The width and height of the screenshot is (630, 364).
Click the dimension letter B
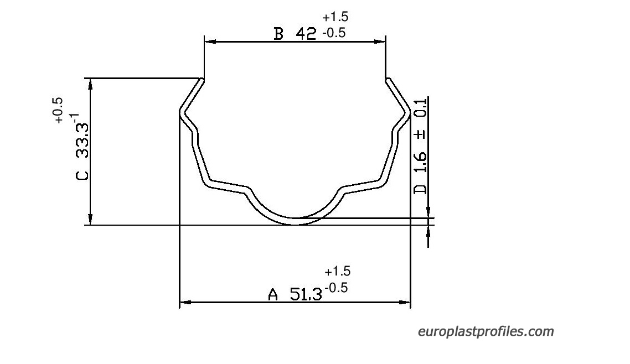click(x=278, y=34)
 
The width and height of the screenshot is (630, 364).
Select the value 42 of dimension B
click(x=306, y=34)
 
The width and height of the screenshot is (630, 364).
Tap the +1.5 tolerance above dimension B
click(x=335, y=17)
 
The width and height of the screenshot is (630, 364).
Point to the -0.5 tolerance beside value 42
click(x=333, y=33)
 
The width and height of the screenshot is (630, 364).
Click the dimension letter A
click(x=273, y=294)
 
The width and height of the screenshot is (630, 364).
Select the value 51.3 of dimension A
click(x=306, y=294)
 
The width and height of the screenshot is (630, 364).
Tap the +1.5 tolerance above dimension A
click(x=338, y=271)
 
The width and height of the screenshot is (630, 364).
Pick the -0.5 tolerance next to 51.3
click(x=336, y=287)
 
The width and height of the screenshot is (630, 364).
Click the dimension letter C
click(x=82, y=175)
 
